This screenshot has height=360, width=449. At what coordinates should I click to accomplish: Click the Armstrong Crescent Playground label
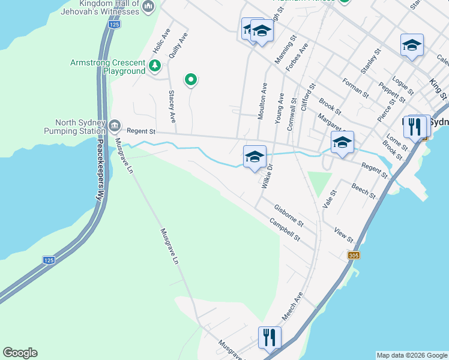point(108,67)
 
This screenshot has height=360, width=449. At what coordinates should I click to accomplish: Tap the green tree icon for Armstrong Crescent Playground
point(155,65)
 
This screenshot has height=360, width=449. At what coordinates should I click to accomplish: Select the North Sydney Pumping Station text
point(76,127)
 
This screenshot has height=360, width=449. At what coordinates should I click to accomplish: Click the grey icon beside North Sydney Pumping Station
point(115,126)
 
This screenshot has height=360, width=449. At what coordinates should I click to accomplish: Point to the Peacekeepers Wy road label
point(100,170)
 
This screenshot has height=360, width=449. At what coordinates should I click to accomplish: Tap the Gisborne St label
point(289,215)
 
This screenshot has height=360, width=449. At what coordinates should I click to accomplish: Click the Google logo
point(20,353)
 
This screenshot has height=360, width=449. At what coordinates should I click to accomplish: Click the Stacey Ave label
point(172,107)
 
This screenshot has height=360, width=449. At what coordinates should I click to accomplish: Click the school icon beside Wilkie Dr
point(255,157)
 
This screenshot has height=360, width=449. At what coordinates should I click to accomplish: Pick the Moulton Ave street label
point(262,101)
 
